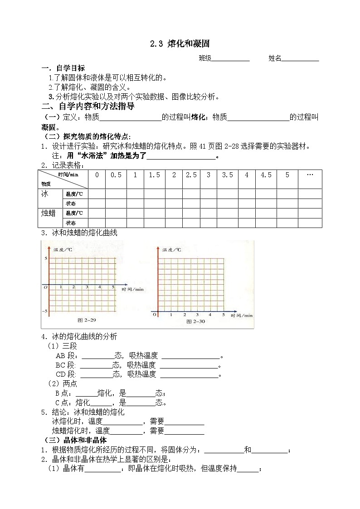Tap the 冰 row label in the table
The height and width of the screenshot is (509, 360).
click(44, 194)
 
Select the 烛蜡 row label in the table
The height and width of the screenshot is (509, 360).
click(48, 213)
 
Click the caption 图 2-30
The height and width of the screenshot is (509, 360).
click(196, 321)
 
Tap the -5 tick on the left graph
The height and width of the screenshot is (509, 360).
click(45, 311)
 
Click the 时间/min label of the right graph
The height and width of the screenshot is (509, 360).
click(241, 315)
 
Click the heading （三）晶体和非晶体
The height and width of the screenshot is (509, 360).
click(75, 440)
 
